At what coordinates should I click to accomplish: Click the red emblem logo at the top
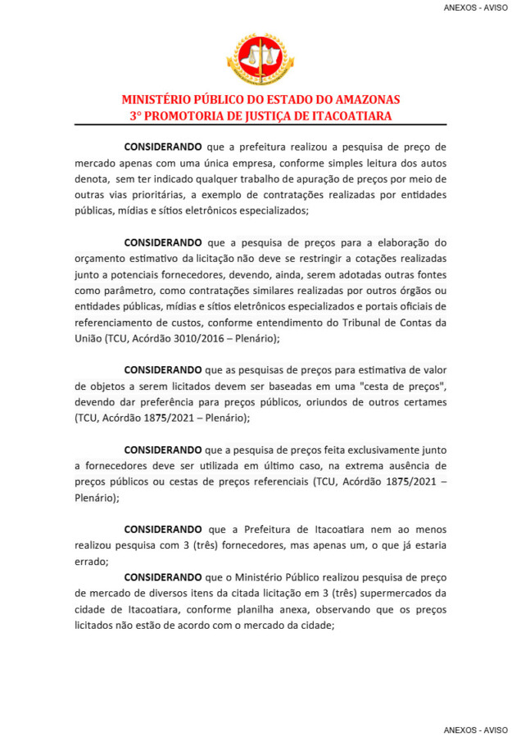click(x=260, y=59)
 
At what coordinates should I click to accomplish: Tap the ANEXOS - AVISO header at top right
click(x=475, y=7)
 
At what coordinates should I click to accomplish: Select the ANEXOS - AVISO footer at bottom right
click(x=475, y=729)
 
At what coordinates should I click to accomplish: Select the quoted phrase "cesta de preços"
click(x=401, y=387)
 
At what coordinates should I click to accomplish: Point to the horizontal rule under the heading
click(x=260, y=124)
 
